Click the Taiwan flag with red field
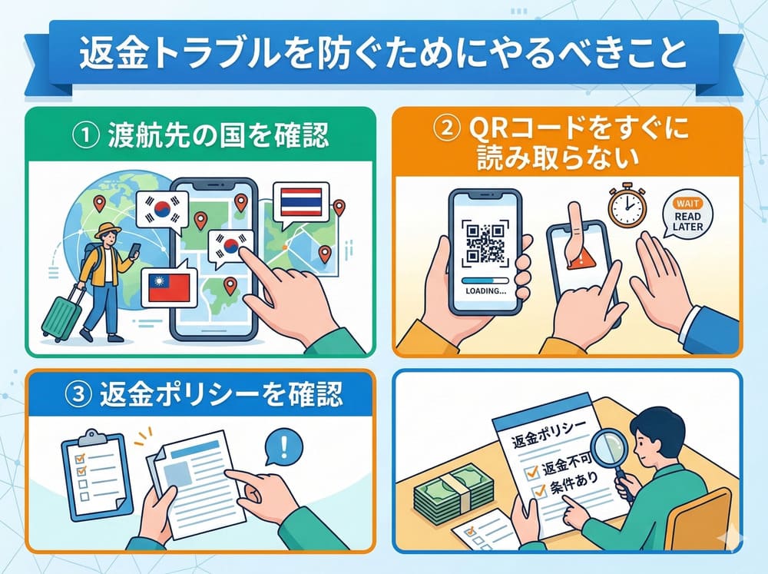(168, 287)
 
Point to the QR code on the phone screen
(485, 243)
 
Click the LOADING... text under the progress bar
(485, 290)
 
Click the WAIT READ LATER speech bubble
(687, 216)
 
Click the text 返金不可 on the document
(567, 464)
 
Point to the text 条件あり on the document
(574, 483)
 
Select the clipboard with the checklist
(97, 473)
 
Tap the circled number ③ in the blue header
(78, 396)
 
